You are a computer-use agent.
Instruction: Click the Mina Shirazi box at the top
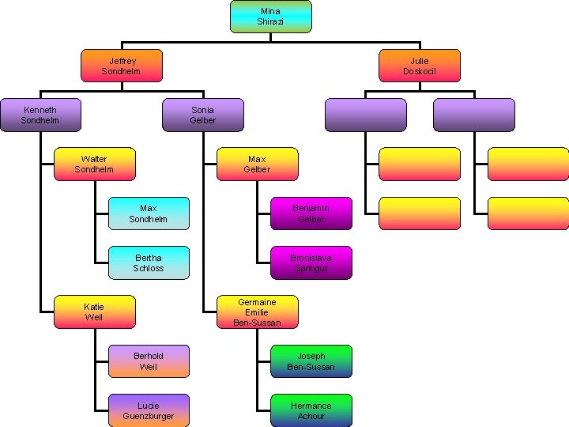pyautogui.click(x=270, y=17)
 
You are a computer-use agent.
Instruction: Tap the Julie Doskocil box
pyautogui.click(x=419, y=66)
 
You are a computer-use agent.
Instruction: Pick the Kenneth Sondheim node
pyautogui.click(x=40, y=115)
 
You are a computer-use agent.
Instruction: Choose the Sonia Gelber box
pyautogui.click(x=202, y=115)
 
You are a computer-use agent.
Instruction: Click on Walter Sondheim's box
pyautogui.click(x=94, y=164)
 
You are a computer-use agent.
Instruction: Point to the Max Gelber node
pyautogui.click(x=257, y=164)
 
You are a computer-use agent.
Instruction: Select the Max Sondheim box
pyautogui.click(x=149, y=213)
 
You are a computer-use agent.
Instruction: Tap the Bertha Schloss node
pyautogui.click(x=149, y=263)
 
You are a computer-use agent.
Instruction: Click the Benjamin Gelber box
pyautogui.click(x=311, y=213)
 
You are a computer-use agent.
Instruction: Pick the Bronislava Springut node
pyautogui.click(x=311, y=263)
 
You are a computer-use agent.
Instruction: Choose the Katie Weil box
pyautogui.click(x=94, y=312)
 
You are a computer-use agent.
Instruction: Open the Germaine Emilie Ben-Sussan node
pyautogui.click(x=257, y=312)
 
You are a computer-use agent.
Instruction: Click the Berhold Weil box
pyautogui.click(x=149, y=361)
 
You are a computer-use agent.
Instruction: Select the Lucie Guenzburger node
pyautogui.click(x=149, y=410)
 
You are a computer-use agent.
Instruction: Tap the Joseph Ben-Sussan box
pyautogui.click(x=311, y=361)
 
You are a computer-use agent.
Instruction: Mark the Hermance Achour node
pyautogui.click(x=311, y=410)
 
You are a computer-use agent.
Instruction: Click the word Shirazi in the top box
pyautogui.click(x=270, y=22)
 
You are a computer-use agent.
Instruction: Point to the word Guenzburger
pyautogui.click(x=149, y=416)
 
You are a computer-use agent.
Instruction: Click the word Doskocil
pyautogui.click(x=419, y=71)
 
